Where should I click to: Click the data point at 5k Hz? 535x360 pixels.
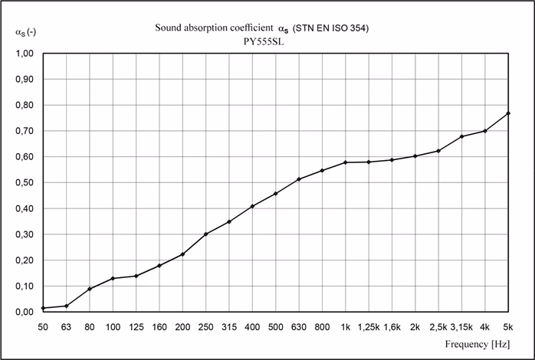click(x=508, y=113)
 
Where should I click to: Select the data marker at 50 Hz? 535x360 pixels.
click(x=44, y=308)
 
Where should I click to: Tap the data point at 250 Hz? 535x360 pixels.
click(x=206, y=234)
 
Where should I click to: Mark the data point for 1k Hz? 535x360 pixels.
click(x=346, y=162)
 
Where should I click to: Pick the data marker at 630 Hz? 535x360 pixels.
click(x=299, y=179)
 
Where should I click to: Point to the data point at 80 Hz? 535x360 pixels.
click(x=90, y=289)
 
